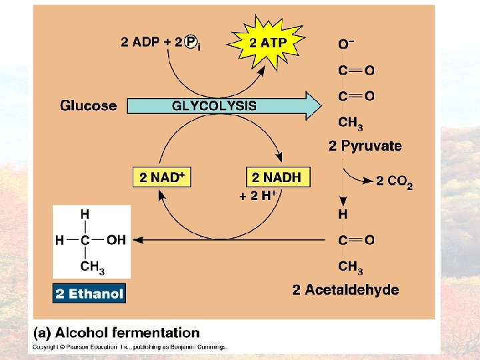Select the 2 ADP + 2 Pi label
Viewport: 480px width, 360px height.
coord(161,43)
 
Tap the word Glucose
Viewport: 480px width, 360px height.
coord(88,105)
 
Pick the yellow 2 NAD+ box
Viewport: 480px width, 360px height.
coord(162,177)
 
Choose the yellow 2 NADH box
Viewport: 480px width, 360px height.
coord(277,177)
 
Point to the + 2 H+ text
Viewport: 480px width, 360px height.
coord(259,196)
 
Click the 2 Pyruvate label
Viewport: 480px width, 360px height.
coord(365,146)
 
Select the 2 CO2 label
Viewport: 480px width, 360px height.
coord(394,181)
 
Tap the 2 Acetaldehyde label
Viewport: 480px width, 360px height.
coord(346,290)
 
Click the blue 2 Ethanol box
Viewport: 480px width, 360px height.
coord(89,293)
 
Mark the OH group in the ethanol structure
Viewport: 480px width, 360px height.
coord(115,240)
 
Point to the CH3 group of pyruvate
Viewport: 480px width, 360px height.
coord(351,123)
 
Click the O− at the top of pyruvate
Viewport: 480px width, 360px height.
coord(346,44)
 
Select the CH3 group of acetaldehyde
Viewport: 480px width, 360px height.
coord(351,267)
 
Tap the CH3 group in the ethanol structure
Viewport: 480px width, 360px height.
coord(92,267)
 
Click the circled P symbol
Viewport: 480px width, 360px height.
coord(191,43)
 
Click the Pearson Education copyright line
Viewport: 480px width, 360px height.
coord(131,347)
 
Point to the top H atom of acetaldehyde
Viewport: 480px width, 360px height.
coord(343,215)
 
